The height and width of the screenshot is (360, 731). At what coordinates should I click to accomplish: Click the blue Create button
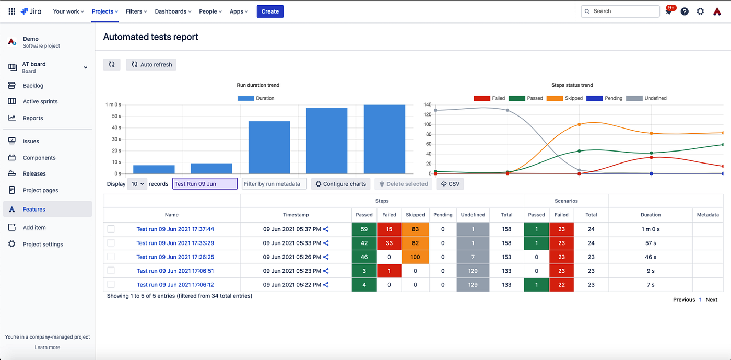coord(270,11)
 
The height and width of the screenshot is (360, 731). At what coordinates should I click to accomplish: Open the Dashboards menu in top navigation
coord(173,11)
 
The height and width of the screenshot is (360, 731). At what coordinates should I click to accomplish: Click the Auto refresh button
coord(151,64)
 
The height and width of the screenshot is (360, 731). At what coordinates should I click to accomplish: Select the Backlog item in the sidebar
coord(33,86)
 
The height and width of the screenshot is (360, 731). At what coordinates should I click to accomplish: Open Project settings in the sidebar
coord(42,244)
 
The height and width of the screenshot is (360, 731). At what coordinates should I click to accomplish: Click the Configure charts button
coord(340,184)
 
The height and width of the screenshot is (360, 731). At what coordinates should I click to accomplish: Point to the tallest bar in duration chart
coord(384,139)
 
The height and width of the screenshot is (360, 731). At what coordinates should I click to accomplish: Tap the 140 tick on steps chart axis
coord(427,105)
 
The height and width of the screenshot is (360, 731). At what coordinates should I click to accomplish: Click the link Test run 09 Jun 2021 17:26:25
coord(175,257)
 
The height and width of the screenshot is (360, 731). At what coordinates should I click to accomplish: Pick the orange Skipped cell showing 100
coord(415,257)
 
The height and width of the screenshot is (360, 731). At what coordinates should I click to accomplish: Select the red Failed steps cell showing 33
coord(389,243)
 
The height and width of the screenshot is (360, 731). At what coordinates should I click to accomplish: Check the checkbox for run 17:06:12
coord(111,284)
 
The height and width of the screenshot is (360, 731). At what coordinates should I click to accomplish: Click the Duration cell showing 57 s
coord(651,243)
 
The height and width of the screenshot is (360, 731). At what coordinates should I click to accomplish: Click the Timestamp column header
coord(296,215)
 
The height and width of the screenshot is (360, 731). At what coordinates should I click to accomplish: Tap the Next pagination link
coord(711,300)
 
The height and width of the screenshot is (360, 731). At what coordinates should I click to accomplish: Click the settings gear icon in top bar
coord(700,11)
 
